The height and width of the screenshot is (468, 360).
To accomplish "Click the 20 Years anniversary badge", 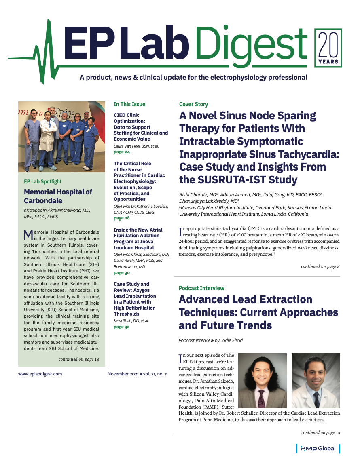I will pos(328,48).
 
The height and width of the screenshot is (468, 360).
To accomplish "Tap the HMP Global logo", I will pos(318,448).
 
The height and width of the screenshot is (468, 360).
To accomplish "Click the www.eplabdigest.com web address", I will pos(40,374).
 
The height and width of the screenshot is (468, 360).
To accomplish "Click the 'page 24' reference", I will pos(122,152).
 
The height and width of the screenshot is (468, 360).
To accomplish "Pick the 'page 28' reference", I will pos(122,218).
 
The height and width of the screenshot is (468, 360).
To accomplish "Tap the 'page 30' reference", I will pos(122,273).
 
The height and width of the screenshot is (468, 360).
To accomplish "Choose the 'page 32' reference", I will pos(122,327).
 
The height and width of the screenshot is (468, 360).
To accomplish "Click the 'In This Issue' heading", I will pos(129,104).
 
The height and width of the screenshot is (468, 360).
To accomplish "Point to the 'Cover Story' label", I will pos(193,104).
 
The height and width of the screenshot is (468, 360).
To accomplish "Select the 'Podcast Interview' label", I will pos(201,288).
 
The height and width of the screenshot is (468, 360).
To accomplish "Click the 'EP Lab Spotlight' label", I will pos(43,181).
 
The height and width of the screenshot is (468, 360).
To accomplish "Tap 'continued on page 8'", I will pos(320,266).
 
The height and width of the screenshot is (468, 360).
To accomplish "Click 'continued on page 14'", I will pos(78,359).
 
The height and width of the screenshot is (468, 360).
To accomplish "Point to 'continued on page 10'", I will pos(320,432).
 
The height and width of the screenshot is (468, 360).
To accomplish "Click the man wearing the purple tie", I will pos(262,381).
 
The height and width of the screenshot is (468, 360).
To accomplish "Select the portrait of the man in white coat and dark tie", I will pos(316,381).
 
